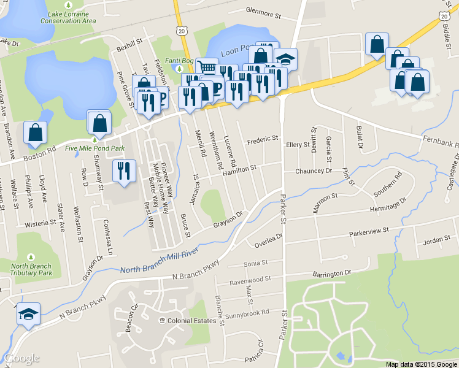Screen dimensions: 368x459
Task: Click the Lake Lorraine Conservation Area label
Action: [x=68, y=17]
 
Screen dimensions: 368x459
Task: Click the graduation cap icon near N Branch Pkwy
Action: [x=28, y=314]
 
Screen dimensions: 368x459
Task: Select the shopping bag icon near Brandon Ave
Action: [x=36, y=132]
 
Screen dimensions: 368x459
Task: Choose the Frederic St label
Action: [x=263, y=140]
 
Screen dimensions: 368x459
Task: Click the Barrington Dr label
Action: [x=330, y=273]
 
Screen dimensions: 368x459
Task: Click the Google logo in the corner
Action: [x=22, y=358]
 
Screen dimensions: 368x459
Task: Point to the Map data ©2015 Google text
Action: [x=422, y=364]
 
